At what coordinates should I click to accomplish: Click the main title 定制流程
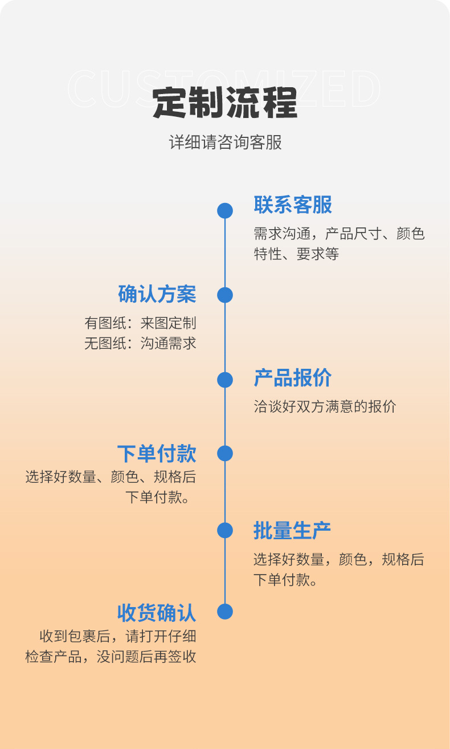pos(225,103)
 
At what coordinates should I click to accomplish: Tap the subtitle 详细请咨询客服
pos(225,143)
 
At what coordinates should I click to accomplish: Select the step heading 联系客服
pos(293,205)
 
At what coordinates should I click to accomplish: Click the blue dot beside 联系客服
pos(225,210)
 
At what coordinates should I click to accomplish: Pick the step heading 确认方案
pos(157,294)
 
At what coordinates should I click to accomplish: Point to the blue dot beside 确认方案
pos(225,295)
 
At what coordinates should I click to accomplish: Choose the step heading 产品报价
pos(293,378)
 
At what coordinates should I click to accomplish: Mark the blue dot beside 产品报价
pos(225,379)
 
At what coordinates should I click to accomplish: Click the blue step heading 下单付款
pos(157,454)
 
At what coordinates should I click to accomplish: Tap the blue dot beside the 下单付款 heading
pos(225,454)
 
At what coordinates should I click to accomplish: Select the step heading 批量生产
pos(292,530)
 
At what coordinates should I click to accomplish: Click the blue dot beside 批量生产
pos(225,530)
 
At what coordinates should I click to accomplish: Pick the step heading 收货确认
pos(157,613)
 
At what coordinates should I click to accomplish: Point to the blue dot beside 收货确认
pos(225,612)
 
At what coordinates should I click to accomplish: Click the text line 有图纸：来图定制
pos(141,323)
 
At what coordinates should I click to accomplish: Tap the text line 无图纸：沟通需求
pos(141,343)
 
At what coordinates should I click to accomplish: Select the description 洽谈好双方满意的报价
pos(325,406)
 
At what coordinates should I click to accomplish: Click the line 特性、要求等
pos(296,254)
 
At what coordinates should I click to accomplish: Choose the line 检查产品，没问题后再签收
pos(111,657)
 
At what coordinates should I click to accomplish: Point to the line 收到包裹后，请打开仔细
pos(118,636)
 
